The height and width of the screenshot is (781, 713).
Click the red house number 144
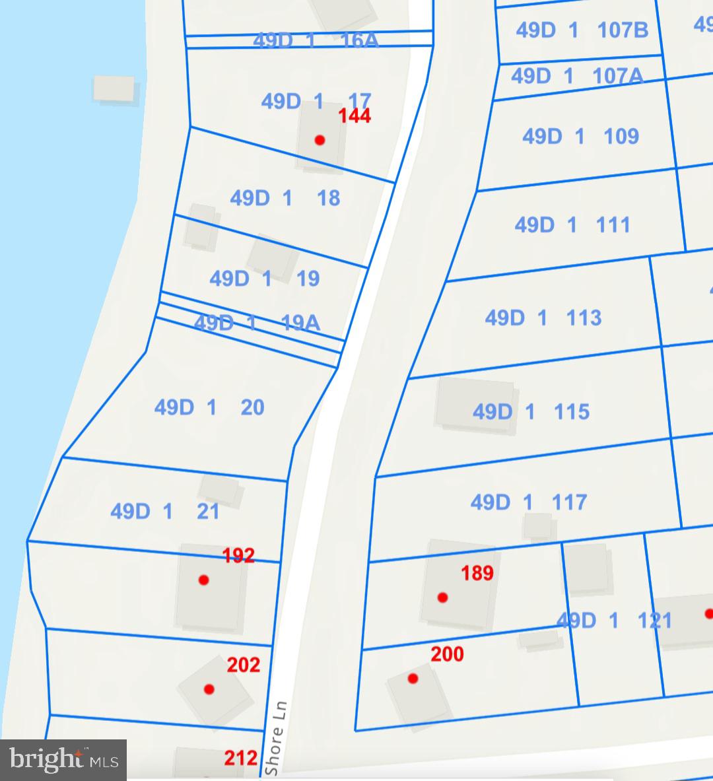(355, 116)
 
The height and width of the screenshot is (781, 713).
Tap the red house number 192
(238, 555)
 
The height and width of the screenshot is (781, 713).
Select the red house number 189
(477, 572)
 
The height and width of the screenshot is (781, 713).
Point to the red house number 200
(447, 654)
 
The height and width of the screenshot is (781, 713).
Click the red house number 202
(243, 665)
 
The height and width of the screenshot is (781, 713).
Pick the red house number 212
(240, 757)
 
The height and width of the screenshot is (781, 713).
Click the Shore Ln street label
(274, 738)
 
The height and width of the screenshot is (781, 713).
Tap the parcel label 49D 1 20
(209, 407)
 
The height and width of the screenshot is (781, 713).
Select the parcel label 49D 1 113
(543, 318)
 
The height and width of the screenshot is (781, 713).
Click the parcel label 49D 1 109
(580, 137)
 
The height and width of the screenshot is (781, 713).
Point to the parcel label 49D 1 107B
(582, 30)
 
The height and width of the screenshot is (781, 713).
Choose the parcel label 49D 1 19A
(257, 322)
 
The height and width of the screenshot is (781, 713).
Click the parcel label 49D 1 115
(531, 412)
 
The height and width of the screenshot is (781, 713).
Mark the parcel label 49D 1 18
(285, 198)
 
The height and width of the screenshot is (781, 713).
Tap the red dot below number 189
(442, 597)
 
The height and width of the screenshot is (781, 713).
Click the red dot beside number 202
(209, 689)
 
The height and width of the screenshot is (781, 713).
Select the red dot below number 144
(320, 140)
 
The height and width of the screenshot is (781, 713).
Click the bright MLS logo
(63, 759)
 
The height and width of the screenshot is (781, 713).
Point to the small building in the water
(114, 88)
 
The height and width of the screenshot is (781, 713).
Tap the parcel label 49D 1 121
(614, 621)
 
